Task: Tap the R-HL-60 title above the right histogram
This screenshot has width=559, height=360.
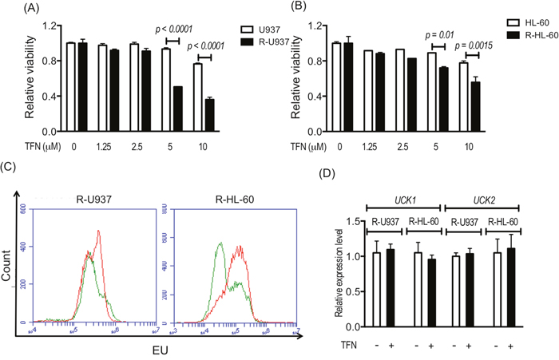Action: click(x=233, y=196)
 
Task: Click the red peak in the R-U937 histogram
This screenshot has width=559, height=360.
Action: click(x=98, y=232)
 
